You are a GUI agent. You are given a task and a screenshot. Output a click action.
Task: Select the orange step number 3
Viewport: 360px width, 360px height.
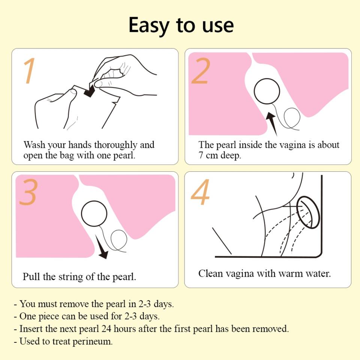(28, 192)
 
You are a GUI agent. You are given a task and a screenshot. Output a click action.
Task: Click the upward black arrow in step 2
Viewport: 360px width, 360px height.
(272, 123)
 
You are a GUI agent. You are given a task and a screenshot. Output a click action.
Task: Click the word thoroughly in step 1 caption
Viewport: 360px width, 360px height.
(116, 145)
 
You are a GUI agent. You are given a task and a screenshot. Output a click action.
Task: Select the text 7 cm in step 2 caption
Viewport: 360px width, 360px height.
(206, 155)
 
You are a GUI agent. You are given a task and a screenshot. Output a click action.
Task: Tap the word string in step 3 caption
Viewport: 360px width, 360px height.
(71, 277)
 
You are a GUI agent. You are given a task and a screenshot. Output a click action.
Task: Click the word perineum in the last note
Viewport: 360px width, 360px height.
(93, 341)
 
